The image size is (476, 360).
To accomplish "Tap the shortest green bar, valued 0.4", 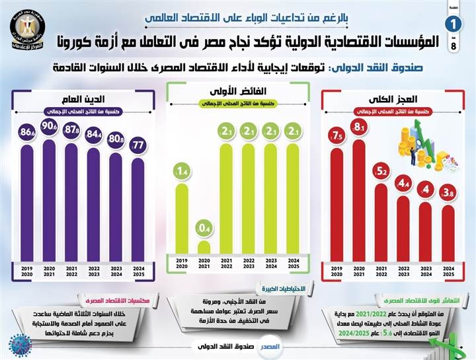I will [x=204, y=247].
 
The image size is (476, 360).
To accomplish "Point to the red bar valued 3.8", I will [x=448, y=231].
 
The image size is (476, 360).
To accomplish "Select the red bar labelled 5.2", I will [x=381, y=218].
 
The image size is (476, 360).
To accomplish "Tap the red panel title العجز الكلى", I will [x=391, y=100].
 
